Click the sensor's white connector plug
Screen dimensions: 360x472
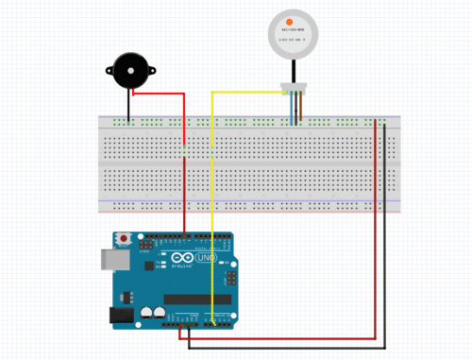tap(295, 90)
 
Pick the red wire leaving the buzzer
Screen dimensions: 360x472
tap(160, 94)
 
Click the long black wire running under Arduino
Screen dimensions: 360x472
tap(283, 346)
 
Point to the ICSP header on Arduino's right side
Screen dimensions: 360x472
tap(229, 280)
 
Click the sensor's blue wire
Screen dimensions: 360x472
tap(290, 109)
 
